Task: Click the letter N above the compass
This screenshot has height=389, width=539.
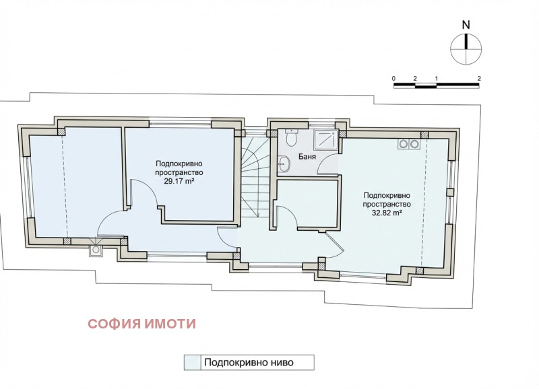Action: [x=466, y=24]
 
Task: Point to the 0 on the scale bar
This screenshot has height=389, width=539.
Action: [x=393, y=78]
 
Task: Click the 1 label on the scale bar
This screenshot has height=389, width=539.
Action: [x=437, y=78]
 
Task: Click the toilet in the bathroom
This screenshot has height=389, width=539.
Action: [x=290, y=138]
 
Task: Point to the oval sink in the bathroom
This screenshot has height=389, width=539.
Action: [x=284, y=163]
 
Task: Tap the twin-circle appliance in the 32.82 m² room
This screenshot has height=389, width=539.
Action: [x=408, y=143]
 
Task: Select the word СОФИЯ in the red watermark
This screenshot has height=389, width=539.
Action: [x=114, y=324]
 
